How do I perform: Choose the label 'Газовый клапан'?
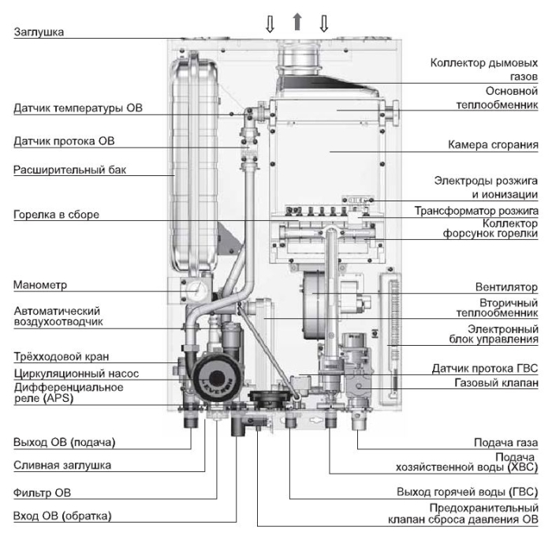click(x=496, y=384)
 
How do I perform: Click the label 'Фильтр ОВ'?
click(x=42, y=493)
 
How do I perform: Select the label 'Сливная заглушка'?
click(x=62, y=465)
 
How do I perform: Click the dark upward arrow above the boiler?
click(x=297, y=21)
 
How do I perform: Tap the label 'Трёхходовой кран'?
click(x=62, y=356)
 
